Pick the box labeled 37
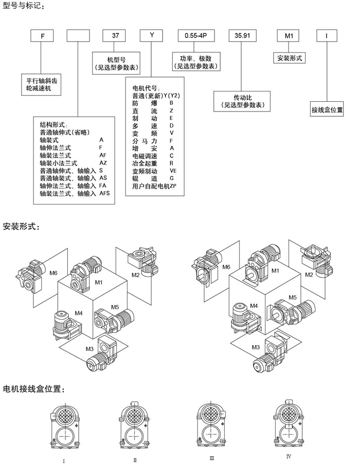coord(114,35)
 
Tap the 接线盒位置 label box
coord(327,109)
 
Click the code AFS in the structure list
coord(105,193)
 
